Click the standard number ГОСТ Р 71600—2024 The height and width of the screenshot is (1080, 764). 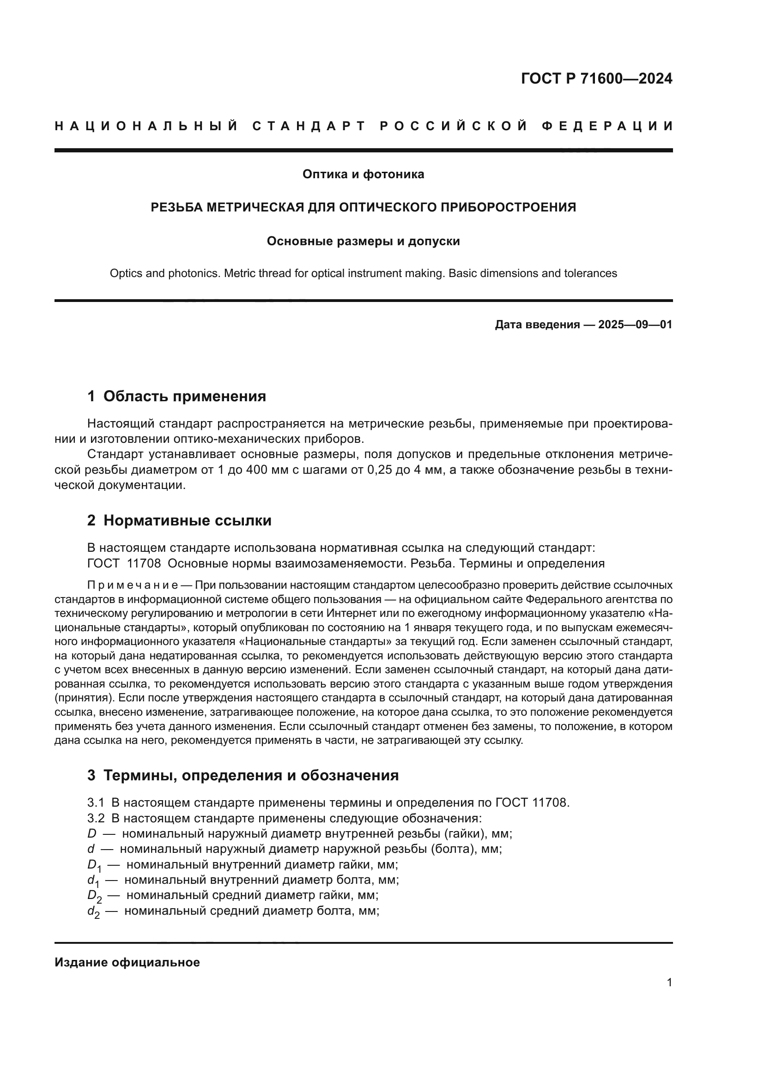(596, 78)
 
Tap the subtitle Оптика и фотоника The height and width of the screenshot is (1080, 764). (363, 175)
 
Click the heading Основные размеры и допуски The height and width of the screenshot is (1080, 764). (363, 241)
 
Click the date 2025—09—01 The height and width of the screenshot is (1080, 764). (635, 325)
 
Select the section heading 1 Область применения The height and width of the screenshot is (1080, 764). (176, 396)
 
